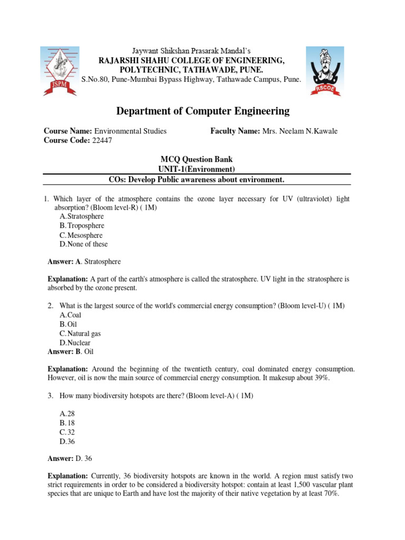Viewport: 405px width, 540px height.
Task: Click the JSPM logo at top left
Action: point(59,71)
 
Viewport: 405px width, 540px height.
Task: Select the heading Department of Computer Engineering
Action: point(202,111)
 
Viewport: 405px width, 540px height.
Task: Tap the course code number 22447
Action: point(102,140)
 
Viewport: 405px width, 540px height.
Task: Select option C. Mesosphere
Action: point(81,235)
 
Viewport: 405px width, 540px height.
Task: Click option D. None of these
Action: point(84,244)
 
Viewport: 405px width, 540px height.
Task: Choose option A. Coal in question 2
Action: point(71,315)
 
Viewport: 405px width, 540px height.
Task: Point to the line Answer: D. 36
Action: point(70,459)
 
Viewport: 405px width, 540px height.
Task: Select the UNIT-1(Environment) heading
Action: point(196,169)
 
